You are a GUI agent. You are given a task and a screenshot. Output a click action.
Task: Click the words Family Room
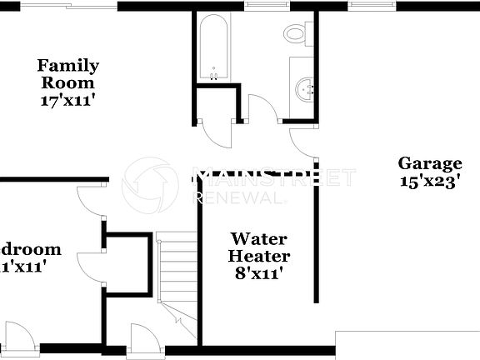point(67,74)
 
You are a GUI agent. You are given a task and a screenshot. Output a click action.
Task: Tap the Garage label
point(429,163)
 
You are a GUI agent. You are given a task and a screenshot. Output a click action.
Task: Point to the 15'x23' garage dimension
point(429,182)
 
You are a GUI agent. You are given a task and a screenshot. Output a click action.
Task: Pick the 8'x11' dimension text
point(260,272)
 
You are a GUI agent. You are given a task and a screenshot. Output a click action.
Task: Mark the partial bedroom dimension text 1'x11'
point(23,267)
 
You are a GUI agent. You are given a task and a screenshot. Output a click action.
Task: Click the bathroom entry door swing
point(262,110)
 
